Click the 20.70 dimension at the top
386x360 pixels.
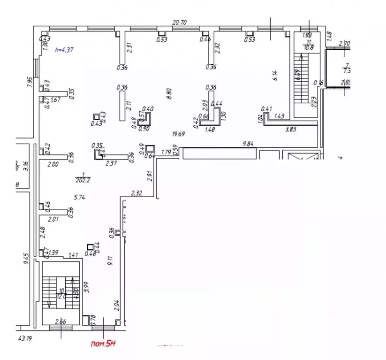point(179,22)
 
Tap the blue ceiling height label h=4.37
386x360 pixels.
point(64,50)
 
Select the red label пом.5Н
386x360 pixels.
point(103,344)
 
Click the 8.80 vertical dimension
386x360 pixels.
point(169,93)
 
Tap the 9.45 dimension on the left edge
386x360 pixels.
point(27,259)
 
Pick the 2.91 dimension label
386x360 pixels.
point(150,176)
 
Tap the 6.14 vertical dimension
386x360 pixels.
point(275,76)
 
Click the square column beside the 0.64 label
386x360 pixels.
point(150,148)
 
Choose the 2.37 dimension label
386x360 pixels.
point(111,163)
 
